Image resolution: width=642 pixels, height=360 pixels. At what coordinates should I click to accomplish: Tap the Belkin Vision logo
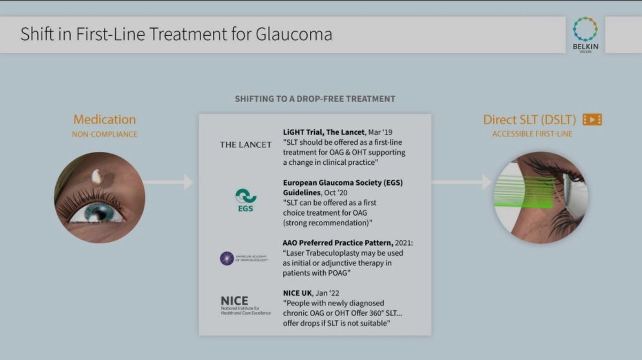pyautogui.click(x=585, y=33)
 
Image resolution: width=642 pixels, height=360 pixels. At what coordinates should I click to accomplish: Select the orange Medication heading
pyautogui.click(x=104, y=119)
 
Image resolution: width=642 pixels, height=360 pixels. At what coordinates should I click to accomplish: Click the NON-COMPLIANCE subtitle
pyautogui.click(x=104, y=134)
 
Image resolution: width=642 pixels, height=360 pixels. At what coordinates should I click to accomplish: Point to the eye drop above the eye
pyautogui.click(x=97, y=177)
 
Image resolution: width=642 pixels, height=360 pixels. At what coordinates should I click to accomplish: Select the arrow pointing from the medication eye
pyautogui.click(x=169, y=182)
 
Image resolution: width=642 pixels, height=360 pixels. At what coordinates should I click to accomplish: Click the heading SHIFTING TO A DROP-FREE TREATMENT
pyautogui.click(x=315, y=99)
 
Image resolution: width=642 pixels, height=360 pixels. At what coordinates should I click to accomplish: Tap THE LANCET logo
pyautogui.click(x=246, y=144)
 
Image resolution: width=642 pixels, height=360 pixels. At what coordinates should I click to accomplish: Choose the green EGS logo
pyautogui.click(x=246, y=200)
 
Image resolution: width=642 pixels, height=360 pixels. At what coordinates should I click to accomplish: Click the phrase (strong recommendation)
pyautogui.click(x=327, y=223)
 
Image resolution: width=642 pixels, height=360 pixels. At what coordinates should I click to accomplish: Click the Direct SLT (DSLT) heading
pyautogui.click(x=530, y=120)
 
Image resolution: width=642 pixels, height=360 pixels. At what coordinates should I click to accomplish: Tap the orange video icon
pyautogui.click(x=592, y=120)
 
